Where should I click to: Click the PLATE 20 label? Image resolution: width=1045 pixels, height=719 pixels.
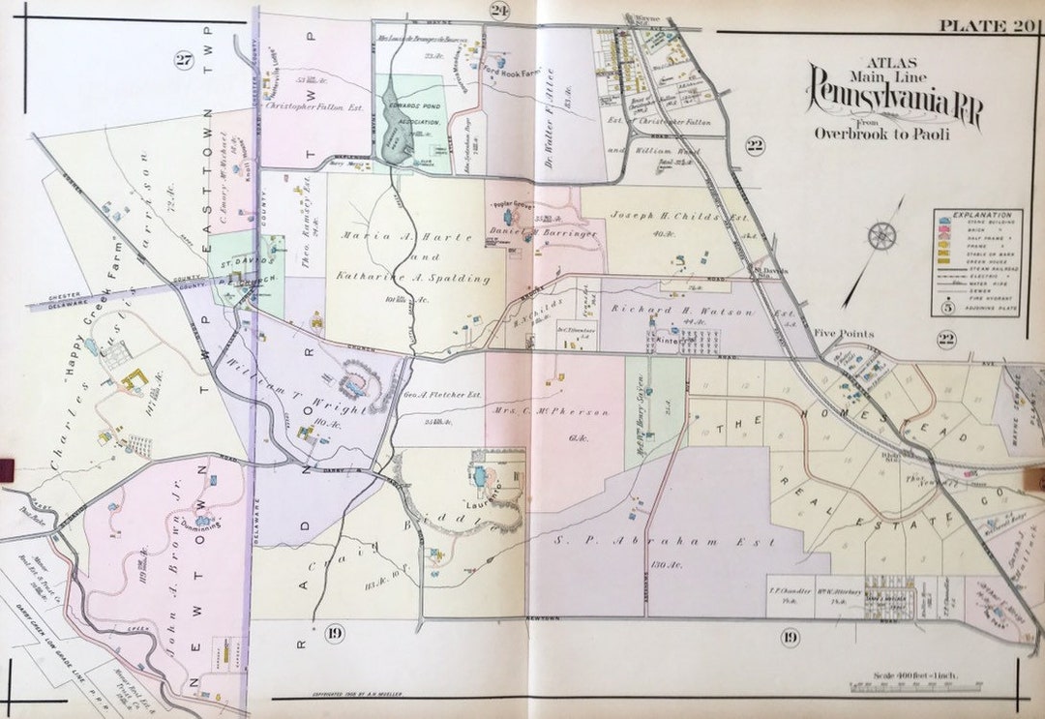986,26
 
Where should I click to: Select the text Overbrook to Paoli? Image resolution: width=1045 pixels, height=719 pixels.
881,134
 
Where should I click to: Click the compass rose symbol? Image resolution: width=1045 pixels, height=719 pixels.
881,235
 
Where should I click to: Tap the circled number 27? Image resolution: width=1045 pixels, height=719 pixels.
184,61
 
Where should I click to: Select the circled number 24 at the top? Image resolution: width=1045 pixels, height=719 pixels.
498,11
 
